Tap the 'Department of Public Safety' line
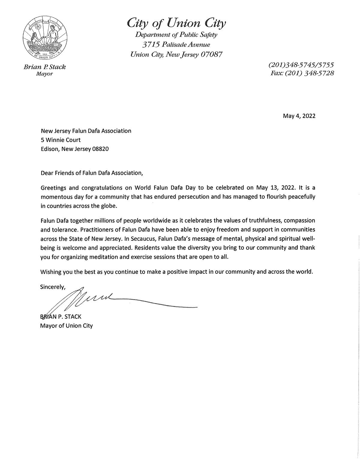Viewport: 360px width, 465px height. pyautogui.click(x=176, y=35)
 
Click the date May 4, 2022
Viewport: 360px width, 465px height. pyautogui.click(x=299, y=116)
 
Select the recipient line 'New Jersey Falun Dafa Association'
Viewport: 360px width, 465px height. pyautogui.click(x=86, y=131)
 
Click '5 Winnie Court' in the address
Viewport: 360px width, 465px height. pyautogui.click(x=61, y=140)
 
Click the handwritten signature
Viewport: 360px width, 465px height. pyautogui.click(x=99, y=299)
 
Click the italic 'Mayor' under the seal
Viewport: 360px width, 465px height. pyautogui.click(x=44, y=74)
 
